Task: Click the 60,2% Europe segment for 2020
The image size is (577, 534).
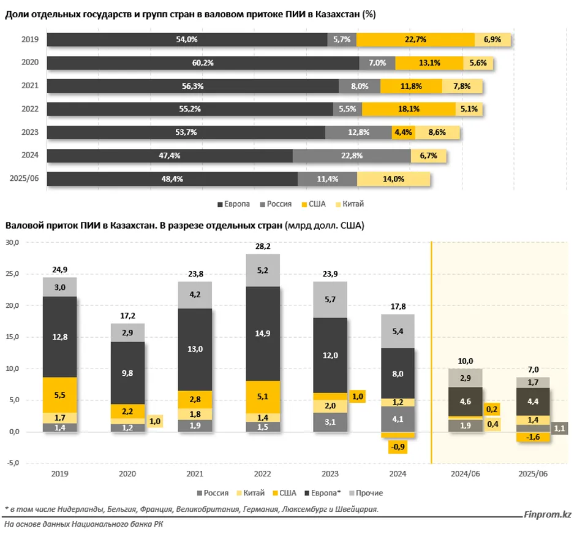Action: click(x=203, y=63)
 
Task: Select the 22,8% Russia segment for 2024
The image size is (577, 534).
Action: click(x=351, y=156)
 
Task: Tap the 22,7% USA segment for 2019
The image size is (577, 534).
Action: click(x=415, y=39)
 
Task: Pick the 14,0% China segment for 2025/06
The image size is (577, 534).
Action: click(x=393, y=179)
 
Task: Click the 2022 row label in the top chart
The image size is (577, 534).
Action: click(x=30, y=109)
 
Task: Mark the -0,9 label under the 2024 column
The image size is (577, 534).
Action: click(x=398, y=447)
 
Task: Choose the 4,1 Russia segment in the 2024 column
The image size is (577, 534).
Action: click(x=398, y=419)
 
